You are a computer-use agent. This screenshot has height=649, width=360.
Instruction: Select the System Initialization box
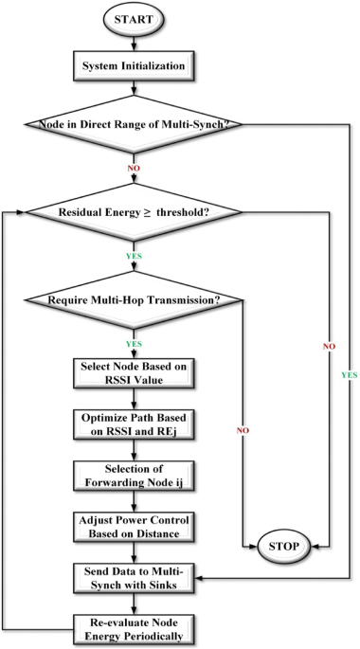(x=134, y=65)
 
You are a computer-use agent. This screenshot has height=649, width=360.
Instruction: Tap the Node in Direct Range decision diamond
(x=134, y=124)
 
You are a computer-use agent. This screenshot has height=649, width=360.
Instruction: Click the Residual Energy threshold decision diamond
(x=134, y=213)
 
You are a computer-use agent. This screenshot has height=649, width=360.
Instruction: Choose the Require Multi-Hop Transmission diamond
(x=134, y=300)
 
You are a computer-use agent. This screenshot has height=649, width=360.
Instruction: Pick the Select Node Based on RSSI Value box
(x=134, y=374)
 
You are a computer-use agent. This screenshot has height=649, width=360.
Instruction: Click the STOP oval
(x=284, y=547)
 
